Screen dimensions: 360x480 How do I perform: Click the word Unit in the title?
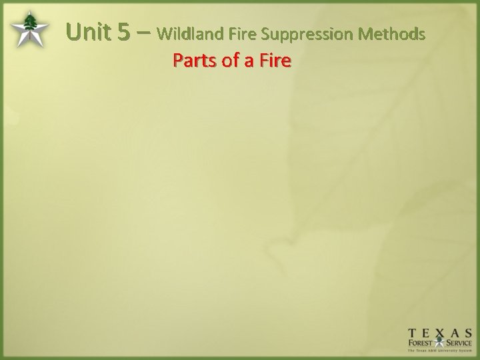coord(89,32)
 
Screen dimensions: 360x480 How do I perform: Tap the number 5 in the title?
coord(123,32)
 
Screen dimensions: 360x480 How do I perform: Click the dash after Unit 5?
coord(143,32)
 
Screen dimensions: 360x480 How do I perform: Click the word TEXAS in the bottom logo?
coord(440,332)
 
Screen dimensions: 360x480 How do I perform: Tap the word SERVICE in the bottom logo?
coord(458,343)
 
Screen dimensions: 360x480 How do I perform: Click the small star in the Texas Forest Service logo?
coord(441,343)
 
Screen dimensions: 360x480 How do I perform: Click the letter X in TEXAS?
coord(440,332)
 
